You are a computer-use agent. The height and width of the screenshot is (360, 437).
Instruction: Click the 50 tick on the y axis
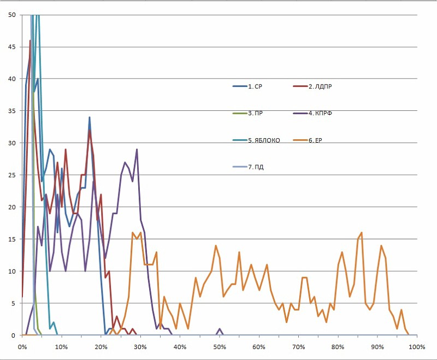(11, 15)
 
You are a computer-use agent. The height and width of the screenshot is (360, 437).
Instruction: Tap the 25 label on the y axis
(11, 175)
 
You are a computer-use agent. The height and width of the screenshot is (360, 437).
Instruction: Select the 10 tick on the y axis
(11, 271)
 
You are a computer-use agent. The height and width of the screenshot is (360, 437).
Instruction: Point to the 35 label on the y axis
(11, 111)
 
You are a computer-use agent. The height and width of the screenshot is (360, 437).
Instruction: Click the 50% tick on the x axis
(219, 347)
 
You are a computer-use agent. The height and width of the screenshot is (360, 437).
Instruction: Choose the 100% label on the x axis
(417, 347)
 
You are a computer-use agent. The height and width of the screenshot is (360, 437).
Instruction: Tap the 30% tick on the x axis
(140, 347)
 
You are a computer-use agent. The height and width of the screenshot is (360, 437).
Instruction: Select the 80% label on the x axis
(338, 347)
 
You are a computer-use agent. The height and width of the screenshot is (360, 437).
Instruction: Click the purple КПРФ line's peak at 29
(137, 149)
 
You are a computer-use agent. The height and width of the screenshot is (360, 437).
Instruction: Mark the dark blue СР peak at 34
(89, 117)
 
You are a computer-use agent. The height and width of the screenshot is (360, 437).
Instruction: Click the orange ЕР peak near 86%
(362, 233)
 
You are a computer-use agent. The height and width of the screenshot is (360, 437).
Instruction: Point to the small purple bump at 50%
(219, 329)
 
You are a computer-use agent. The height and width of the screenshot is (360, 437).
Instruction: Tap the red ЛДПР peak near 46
(30, 40)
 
